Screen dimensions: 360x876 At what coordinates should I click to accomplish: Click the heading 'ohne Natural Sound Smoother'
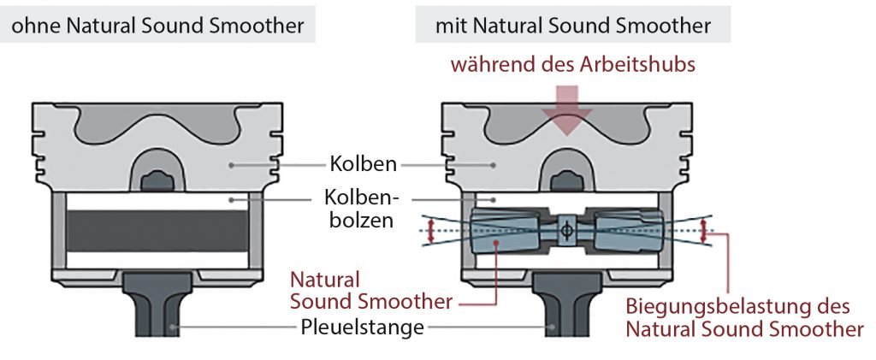[x=157, y=26]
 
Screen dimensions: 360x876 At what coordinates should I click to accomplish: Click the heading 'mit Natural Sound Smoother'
[x=572, y=26]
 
